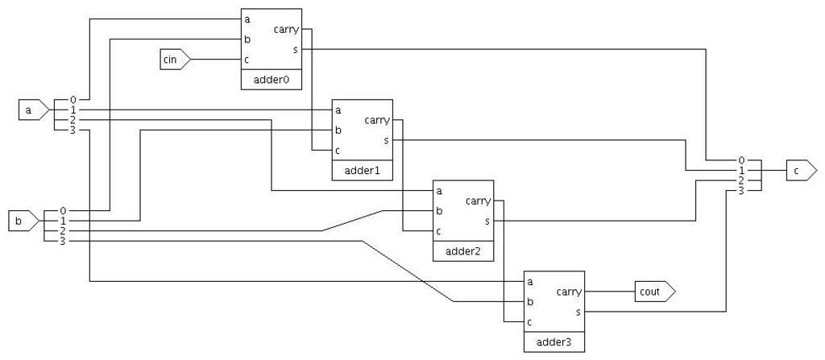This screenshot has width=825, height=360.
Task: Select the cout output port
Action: coord(653,292)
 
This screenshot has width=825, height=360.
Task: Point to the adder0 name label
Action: coord(271,81)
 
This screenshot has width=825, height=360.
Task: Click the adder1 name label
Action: coord(362,171)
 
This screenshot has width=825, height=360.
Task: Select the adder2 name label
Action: coord(462,251)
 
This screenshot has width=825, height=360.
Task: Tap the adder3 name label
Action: coord(553,342)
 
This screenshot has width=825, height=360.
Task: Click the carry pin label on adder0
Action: coord(286,30)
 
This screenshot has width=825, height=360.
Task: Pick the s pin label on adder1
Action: coord(387,140)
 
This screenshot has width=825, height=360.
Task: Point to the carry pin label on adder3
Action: coord(570,292)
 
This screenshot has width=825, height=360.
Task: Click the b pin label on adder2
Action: coord(439,211)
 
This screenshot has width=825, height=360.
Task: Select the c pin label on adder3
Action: coord(529,321)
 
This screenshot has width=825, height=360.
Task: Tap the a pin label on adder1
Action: coord(338,110)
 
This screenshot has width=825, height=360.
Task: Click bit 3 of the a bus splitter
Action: coord(73,130)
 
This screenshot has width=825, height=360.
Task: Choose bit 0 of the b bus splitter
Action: coord(63,211)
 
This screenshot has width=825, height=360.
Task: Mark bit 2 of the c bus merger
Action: coord(741,180)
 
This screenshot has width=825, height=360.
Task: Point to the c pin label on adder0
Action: coord(247,59)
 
